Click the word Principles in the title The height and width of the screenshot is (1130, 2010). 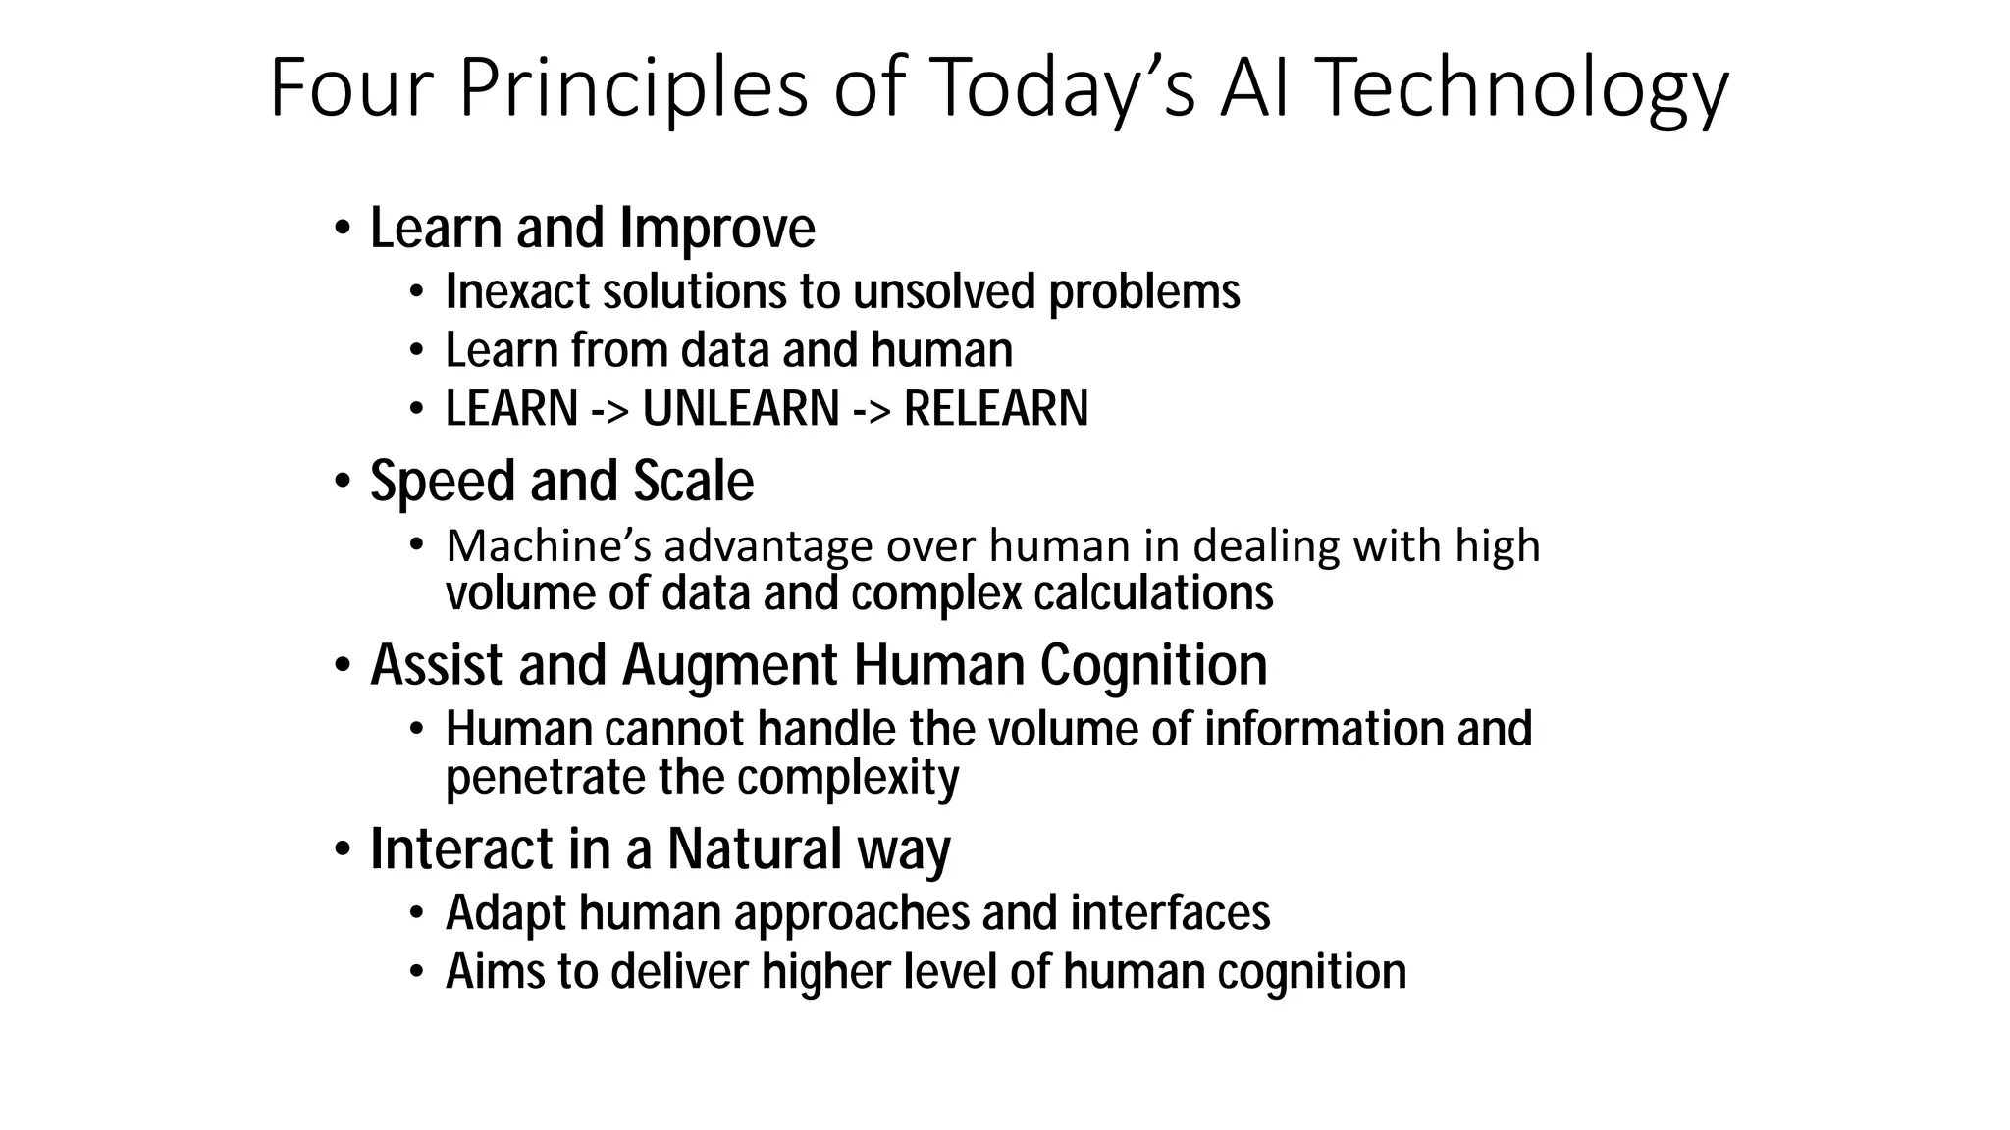pyautogui.click(x=633, y=88)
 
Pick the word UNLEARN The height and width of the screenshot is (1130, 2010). pyautogui.click(x=741, y=409)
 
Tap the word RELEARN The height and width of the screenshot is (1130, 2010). pyautogui.click(x=995, y=409)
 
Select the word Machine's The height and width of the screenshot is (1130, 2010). pyautogui.click(x=549, y=546)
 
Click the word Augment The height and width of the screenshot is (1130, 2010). pyautogui.click(x=731, y=666)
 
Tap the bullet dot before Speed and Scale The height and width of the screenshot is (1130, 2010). pyautogui.click(x=342, y=483)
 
